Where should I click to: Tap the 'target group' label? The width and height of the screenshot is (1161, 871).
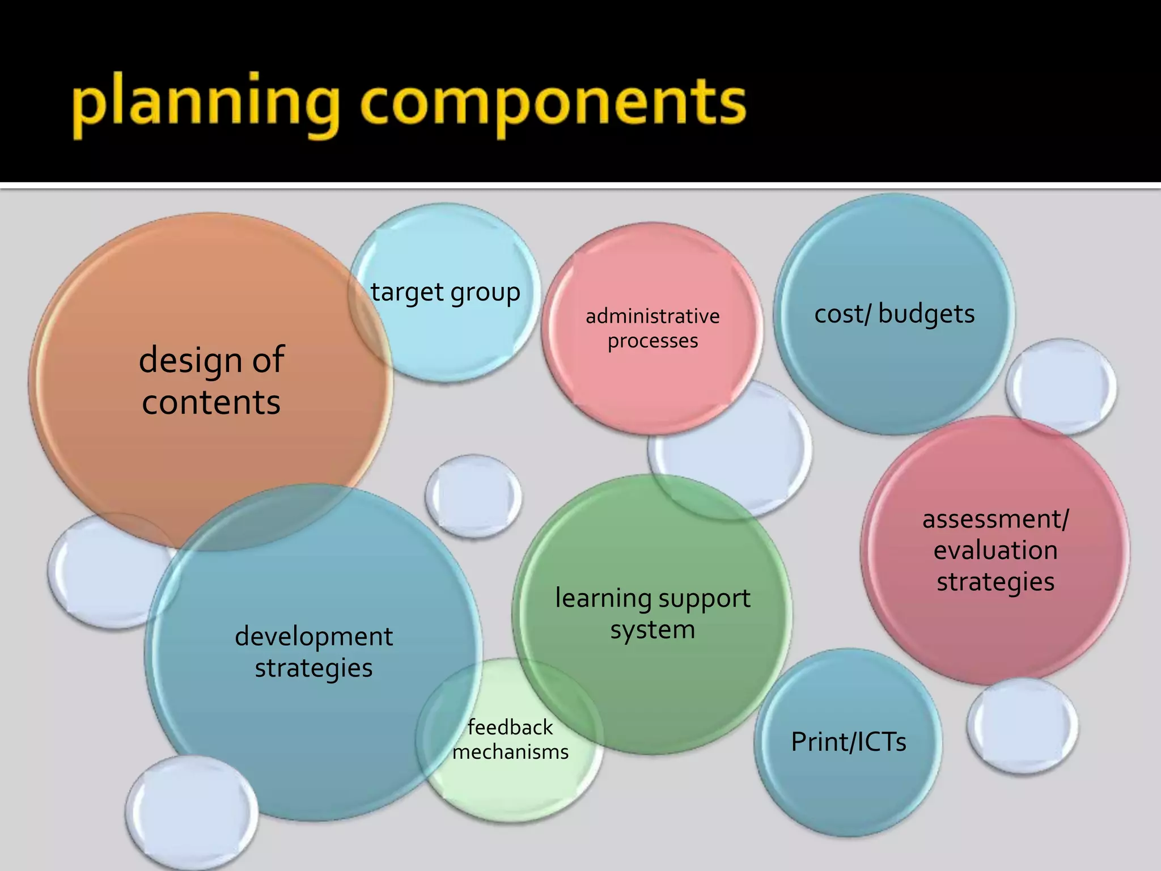pos(446,293)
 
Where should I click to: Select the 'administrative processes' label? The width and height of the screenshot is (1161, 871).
pos(652,328)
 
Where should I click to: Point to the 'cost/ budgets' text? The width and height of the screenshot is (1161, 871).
pos(895,314)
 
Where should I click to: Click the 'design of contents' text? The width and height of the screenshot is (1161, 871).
pos(211,380)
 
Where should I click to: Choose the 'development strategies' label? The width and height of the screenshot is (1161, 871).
pos(313,652)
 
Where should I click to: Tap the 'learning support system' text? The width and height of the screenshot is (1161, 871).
pos(652,614)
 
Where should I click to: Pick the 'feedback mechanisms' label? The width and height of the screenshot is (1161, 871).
pos(510,739)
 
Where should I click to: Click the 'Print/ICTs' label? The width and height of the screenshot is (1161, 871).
pos(849,742)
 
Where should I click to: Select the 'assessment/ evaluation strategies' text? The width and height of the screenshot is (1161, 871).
pos(995,551)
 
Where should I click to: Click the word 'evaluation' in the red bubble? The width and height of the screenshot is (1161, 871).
pos(995,551)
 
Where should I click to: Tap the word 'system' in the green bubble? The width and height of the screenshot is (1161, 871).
pos(652,630)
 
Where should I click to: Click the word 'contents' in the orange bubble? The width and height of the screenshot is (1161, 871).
pos(211,403)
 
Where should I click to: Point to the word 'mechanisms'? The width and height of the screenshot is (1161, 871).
pos(510,752)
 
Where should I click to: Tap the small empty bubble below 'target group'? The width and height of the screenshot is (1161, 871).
pos(473,496)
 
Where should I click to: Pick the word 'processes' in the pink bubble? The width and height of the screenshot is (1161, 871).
pos(652,341)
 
